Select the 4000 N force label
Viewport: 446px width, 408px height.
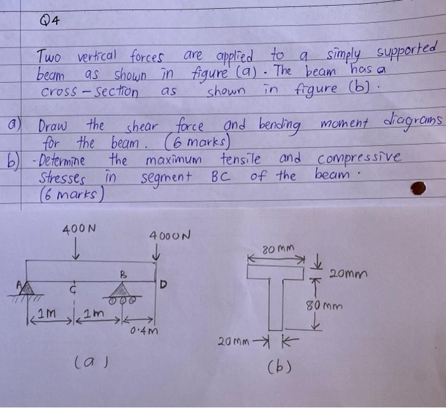point(169,236)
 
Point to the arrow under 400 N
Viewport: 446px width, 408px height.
point(76,248)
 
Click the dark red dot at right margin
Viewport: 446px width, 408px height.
point(418,188)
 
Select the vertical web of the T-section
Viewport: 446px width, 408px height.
point(275,304)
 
